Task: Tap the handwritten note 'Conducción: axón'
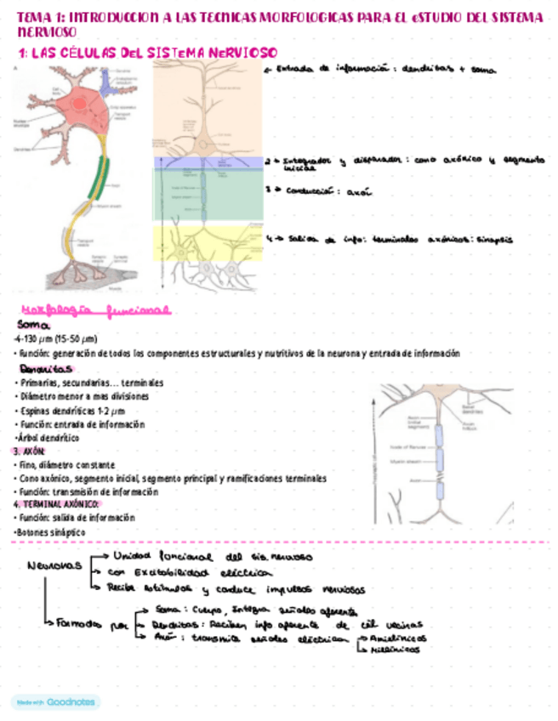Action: pyautogui.click(x=319, y=192)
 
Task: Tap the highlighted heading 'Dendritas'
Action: pyautogui.click(x=46, y=369)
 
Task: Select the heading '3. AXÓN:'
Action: pyautogui.click(x=29, y=451)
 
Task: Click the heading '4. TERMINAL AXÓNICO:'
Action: pyautogui.click(x=56, y=504)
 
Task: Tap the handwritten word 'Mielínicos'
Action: pyautogui.click(x=396, y=649)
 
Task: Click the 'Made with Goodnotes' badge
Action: pyautogui.click(x=55, y=701)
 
